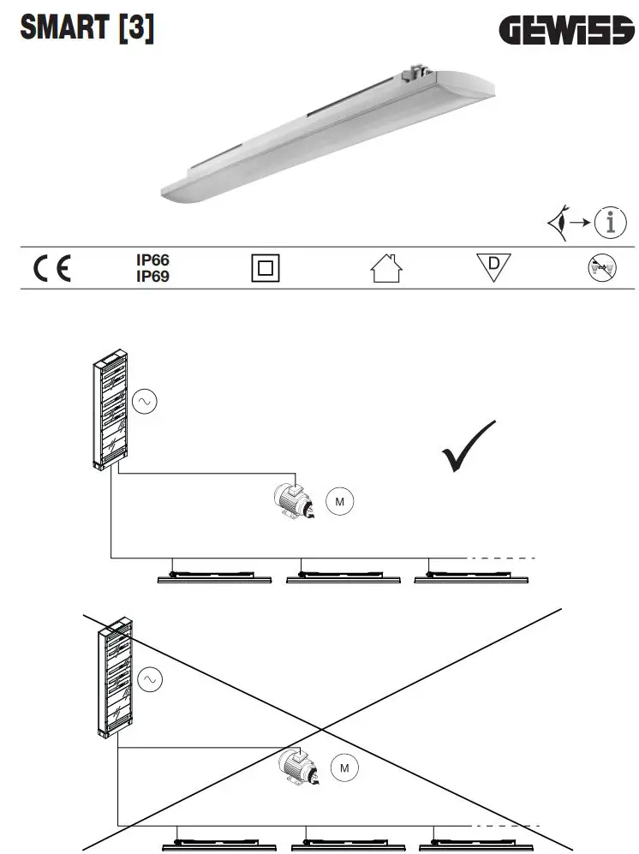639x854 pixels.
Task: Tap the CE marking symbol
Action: pyautogui.click(x=52, y=269)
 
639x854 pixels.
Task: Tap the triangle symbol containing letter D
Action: pyautogui.click(x=493, y=267)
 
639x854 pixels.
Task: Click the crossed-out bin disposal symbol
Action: pyautogui.click(x=600, y=269)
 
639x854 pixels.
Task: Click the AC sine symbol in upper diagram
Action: pyautogui.click(x=143, y=401)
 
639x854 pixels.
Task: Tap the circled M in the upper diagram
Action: pyautogui.click(x=338, y=502)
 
